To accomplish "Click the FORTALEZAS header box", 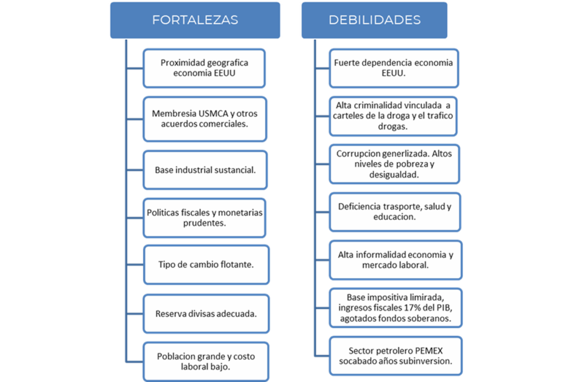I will [195, 20].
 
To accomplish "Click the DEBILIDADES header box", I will [374, 20].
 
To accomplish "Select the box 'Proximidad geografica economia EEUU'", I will [204, 68].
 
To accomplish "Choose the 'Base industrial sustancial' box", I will [205, 169].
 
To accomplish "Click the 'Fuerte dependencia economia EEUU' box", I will [394, 68].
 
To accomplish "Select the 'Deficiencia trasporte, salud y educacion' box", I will [394, 211].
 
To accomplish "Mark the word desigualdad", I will [394, 175].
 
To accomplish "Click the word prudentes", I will [204, 224].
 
